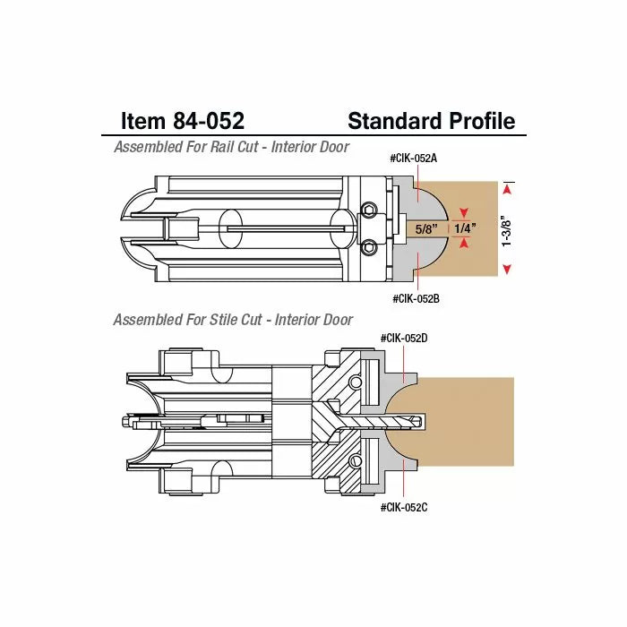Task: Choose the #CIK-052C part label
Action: click(x=404, y=507)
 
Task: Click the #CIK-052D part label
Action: click(x=404, y=339)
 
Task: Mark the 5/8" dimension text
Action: click(x=426, y=229)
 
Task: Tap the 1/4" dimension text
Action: click(x=465, y=229)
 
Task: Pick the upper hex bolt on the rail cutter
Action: click(x=368, y=210)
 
